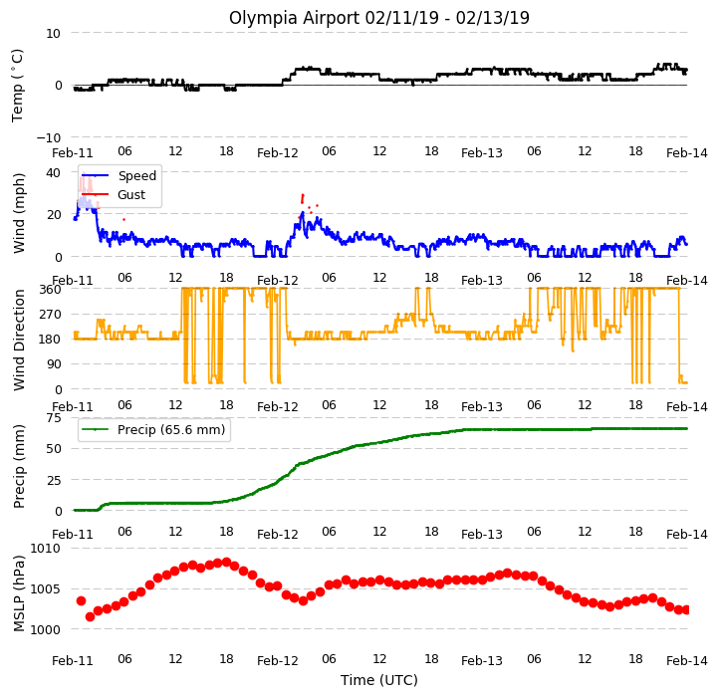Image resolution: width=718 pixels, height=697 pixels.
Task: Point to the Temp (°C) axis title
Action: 17,86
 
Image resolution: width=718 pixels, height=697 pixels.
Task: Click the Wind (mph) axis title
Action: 18,213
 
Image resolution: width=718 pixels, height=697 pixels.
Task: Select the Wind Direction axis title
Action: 18,340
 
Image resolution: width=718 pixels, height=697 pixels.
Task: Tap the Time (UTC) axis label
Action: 379,680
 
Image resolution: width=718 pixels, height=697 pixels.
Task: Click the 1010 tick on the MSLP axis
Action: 46,549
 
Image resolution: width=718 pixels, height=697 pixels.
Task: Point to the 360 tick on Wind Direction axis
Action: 50,290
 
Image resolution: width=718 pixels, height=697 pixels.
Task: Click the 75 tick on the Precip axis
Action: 53,417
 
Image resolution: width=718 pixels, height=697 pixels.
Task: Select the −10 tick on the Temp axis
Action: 49,137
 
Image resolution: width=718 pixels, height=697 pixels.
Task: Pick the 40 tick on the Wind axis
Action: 53,172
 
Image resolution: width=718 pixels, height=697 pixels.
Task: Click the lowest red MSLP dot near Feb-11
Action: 90,617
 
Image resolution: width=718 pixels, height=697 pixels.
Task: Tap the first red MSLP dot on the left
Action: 81,600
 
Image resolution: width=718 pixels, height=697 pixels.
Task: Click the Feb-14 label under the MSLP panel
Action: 686,661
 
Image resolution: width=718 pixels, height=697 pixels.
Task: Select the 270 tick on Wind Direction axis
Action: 50,315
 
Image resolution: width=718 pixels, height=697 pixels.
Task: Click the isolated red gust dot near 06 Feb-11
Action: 123,220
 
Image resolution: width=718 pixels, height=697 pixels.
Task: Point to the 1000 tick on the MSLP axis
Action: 46,629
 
